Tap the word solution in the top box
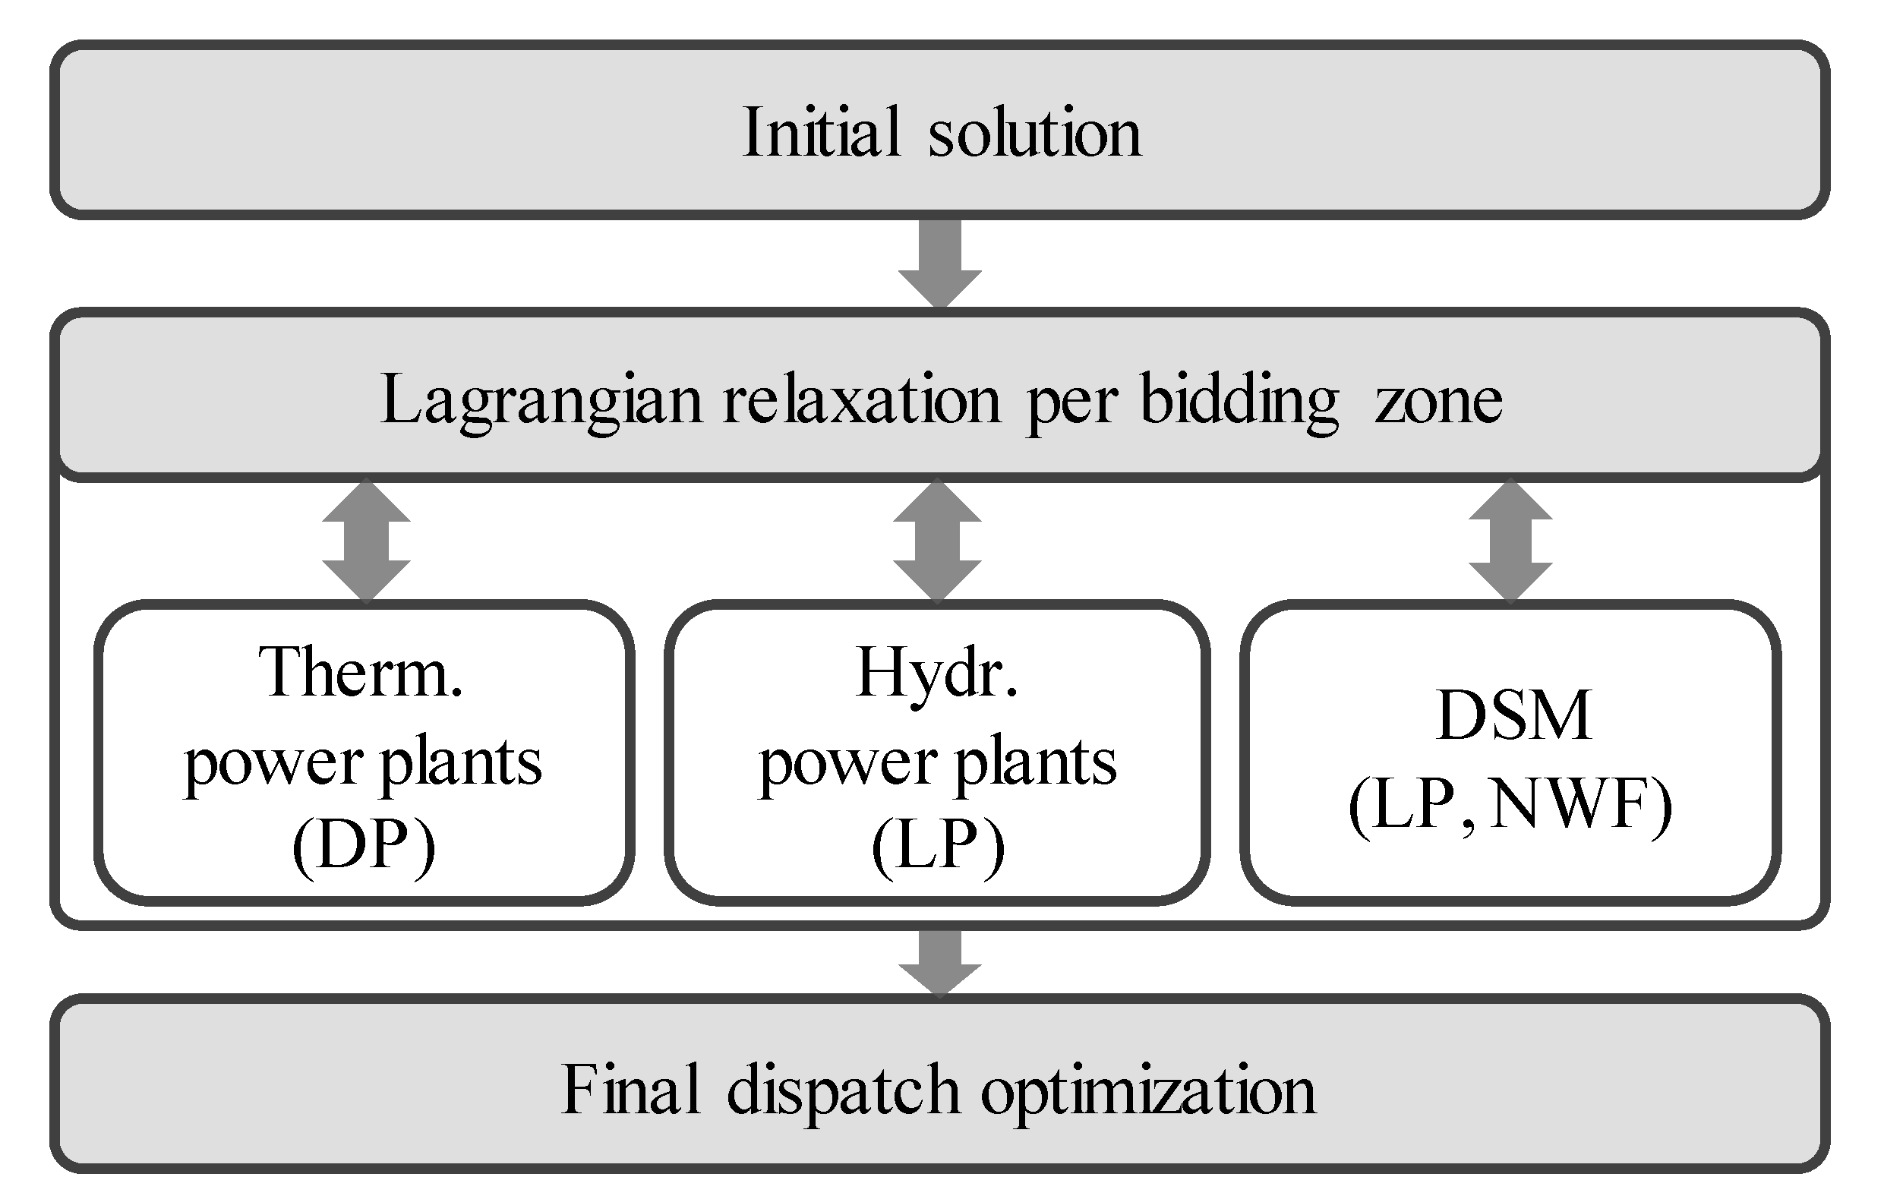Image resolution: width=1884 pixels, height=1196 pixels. point(1035,132)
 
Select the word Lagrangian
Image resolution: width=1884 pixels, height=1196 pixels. point(541,401)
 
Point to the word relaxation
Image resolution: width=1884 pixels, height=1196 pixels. point(861,399)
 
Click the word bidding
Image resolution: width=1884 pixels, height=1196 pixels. point(1240,401)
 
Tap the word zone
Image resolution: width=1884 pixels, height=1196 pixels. point(1438,401)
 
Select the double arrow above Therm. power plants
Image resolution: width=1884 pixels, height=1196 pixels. point(366,541)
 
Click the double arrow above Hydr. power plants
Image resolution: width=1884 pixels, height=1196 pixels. point(937,541)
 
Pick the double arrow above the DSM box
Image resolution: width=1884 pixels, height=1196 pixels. point(1510,541)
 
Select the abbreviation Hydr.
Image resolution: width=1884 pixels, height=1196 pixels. point(937,673)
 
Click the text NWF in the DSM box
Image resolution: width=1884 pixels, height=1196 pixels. point(1573,805)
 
